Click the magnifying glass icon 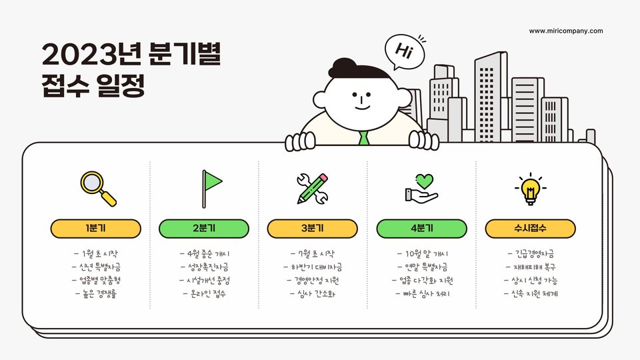click(97, 188)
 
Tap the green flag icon click(211, 185)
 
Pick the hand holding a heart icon click(421, 187)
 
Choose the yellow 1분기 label click(96, 228)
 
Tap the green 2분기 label click(204, 228)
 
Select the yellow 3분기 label click(313, 228)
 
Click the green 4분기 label click(421, 228)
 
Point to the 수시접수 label click(530, 228)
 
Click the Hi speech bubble click(404, 51)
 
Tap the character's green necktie click(363, 139)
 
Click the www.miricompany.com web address click(566, 31)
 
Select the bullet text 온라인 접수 click(204, 293)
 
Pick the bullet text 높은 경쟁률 click(96, 293)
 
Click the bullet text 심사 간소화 click(313, 293)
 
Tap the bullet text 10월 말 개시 click(421, 254)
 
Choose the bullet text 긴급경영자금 click(531, 254)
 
